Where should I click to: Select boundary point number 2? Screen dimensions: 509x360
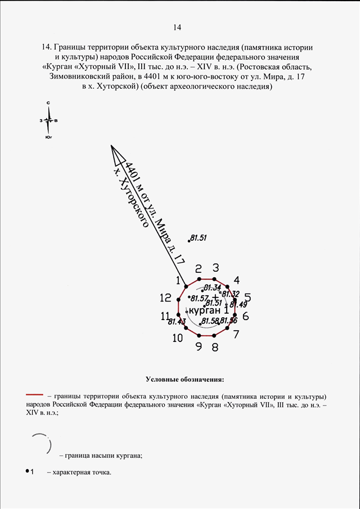coord(198,268)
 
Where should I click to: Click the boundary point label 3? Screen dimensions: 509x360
coord(215,268)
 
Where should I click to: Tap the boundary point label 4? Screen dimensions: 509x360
coord(237,280)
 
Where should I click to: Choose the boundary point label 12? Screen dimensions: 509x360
coord(165,298)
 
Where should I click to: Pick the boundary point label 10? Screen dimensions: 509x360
coord(178,338)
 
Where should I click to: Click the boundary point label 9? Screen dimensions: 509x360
coord(199,346)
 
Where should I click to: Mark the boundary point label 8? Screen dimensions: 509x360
coord(215,347)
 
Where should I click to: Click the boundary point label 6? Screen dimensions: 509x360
coord(245,316)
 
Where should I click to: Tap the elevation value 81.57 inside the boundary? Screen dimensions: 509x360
coord(200,298)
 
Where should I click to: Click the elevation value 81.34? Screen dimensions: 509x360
coord(212,288)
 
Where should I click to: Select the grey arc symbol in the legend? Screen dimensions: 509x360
coord(41,444)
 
